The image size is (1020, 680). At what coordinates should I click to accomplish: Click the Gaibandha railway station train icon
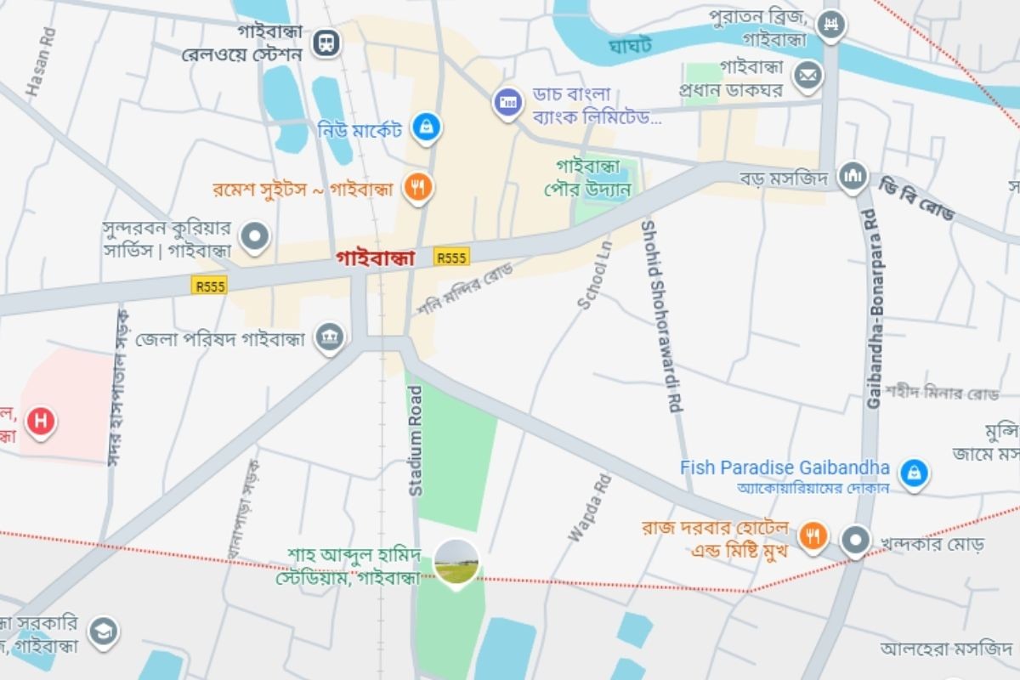[326, 42]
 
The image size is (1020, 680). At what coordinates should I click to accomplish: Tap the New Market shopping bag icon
[425, 127]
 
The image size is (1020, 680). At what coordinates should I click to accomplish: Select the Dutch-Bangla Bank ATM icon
[507, 103]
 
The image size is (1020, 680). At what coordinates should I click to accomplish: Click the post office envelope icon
[807, 76]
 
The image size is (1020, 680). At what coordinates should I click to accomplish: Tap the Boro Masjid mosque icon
[853, 176]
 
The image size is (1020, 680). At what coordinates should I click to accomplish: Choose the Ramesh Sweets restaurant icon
[416, 188]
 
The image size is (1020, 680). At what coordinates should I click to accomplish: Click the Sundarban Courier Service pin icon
[254, 236]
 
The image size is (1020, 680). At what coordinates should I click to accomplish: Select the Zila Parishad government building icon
[329, 337]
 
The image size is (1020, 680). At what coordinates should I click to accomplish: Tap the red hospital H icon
[40, 421]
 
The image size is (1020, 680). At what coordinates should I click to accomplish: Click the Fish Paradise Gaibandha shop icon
[914, 472]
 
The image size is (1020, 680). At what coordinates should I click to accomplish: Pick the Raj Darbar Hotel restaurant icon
[813, 535]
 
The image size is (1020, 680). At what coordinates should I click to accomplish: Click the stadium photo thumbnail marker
[456, 561]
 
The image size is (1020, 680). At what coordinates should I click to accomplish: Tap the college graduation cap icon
[104, 631]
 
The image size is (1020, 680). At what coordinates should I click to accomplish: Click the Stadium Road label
[416, 440]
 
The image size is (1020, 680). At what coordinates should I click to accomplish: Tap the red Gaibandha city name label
[375, 257]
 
